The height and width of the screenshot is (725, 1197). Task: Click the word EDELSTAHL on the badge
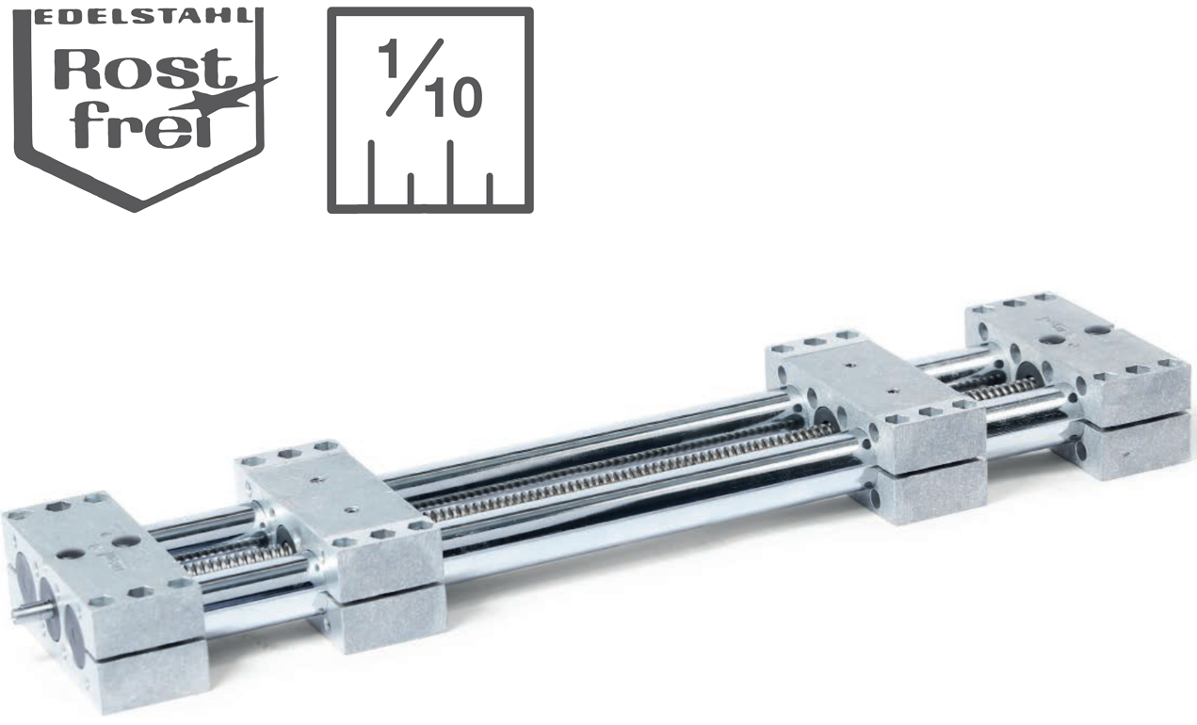[146, 16]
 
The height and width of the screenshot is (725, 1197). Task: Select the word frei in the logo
[141, 125]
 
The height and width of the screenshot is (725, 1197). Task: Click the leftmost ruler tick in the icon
[371, 172]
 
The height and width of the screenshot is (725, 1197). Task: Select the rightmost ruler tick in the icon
[490, 189]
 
